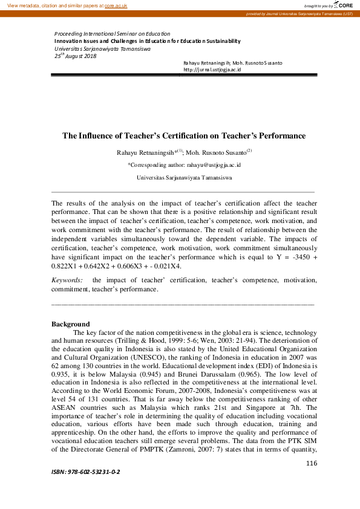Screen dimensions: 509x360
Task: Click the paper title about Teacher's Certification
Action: [184, 136]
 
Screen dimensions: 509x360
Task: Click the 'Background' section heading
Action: [71, 324]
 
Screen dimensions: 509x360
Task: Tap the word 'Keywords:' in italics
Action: [67, 280]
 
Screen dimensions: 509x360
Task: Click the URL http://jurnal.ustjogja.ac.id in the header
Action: [212, 70]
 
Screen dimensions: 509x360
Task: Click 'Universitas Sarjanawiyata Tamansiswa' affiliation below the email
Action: [184, 178]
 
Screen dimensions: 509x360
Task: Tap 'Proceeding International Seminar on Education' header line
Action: [112, 34]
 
